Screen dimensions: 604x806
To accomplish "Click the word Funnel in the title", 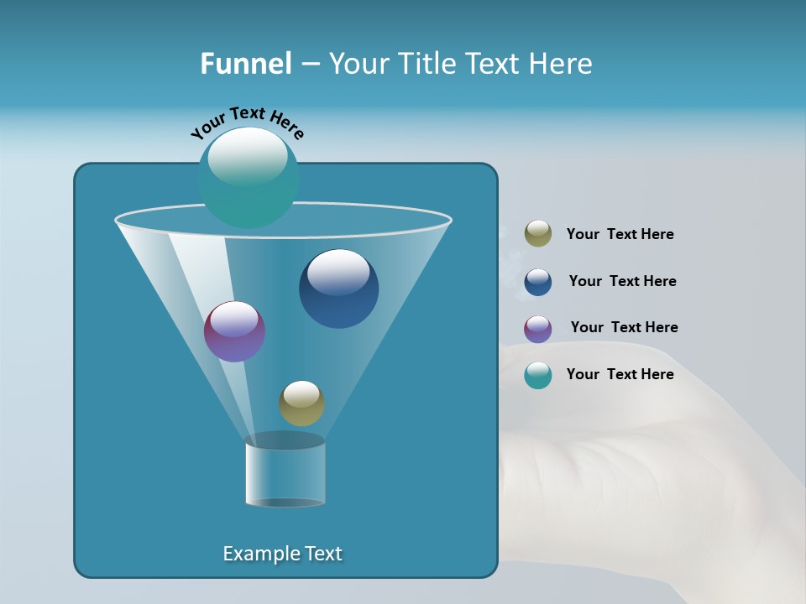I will pos(245,63).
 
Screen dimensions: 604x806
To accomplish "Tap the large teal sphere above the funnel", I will pos(249,177).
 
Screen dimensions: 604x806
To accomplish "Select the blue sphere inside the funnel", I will pos(338,289).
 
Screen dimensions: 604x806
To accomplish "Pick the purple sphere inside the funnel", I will pos(234,331).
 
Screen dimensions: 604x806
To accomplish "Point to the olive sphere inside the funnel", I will pos(301,404).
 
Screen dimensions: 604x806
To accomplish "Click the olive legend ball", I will pos(538,234).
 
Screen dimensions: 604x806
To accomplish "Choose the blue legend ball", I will pos(538,282).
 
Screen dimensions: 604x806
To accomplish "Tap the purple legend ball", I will pos(538,329).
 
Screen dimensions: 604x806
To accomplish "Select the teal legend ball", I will pos(538,375).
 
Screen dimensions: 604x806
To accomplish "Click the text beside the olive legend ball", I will pos(620,235).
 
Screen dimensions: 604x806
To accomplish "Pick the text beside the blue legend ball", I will pos(622,282).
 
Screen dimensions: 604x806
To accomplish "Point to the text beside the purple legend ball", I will pos(624,328).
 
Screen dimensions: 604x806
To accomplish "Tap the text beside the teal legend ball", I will pos(620,375).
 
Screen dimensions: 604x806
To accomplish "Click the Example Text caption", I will pos(282,554).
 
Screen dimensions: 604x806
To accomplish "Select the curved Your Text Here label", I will pos(248,122).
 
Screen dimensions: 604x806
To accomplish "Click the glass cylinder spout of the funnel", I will pos(285,474).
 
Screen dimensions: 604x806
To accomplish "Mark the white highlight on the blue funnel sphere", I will pos(338,272).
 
